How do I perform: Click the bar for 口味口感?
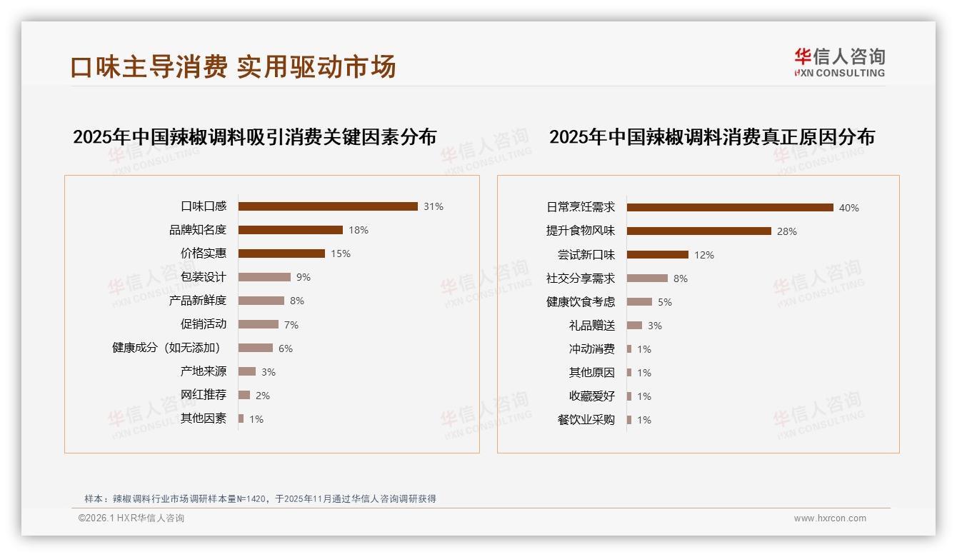[x=328, y=206]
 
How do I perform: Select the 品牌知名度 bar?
[x=291, y=230]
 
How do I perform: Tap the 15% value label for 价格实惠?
[x=341, y=254]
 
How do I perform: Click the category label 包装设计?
[x=204, y=277]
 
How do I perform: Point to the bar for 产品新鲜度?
[x=261, y=301]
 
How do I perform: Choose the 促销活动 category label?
[x=204, y=324]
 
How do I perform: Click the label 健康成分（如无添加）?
[x=166, y=348]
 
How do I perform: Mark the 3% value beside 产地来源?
[x=269, y=372]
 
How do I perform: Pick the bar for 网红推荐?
[x=244, y=395]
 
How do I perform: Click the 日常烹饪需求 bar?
[x=730, y=208]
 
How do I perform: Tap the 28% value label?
[x=787, y=231]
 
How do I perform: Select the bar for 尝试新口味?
[x=658, y=255]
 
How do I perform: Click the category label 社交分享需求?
[x=581, y=278]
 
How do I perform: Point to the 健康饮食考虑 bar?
[x=640, y=302]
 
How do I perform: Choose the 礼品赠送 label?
[x=592, y=326]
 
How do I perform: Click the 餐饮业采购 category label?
[x=586, y=420]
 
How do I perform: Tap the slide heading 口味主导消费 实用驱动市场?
[x=233, y=67]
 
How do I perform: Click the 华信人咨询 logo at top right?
[x=839, y=63]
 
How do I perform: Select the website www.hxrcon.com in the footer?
[x=830, y=518]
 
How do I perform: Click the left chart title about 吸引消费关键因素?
[x=254, y=137]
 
